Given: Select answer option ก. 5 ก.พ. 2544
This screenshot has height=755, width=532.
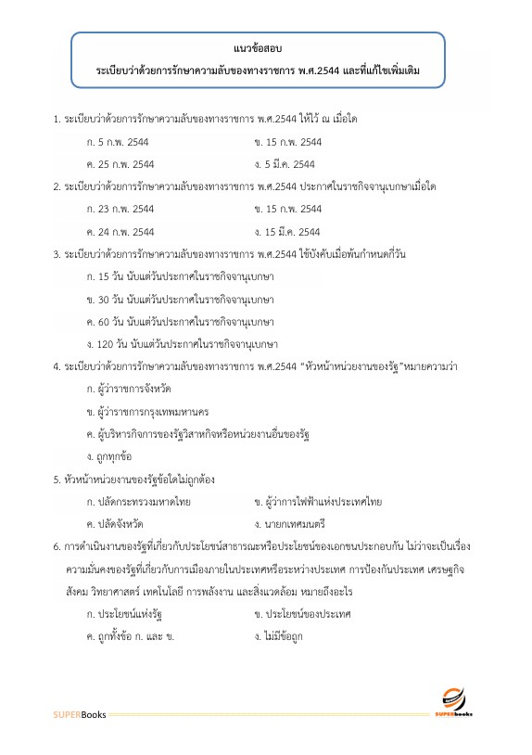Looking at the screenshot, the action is click(x=116, y=142).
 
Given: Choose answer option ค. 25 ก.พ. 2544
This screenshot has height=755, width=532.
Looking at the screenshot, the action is click(x=119, y=164).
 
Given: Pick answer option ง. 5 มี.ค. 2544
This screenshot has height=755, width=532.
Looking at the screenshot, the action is click(x=284, y=164).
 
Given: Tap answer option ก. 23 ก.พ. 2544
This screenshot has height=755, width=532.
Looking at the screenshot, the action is click(x=119, y=209).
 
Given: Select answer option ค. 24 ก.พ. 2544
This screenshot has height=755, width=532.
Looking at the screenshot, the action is click(x=119, y=231).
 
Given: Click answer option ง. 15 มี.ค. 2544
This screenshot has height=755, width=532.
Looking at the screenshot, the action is click(x=286, y=231).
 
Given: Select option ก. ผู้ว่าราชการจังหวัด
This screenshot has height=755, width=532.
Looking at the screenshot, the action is click(x=128, y=388).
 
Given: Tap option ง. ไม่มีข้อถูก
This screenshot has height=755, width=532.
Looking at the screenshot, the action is click(x=278, y=636).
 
